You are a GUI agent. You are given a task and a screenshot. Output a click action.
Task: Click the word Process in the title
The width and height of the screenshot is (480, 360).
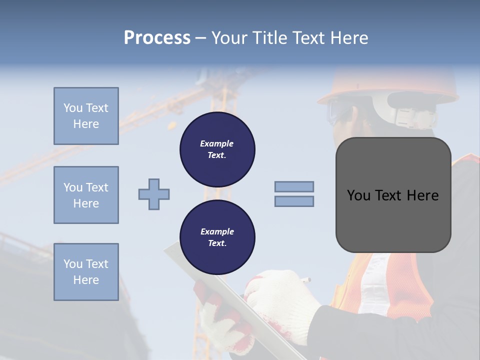coord(157,38)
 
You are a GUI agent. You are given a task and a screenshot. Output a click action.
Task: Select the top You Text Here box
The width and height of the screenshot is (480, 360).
coord(86,116)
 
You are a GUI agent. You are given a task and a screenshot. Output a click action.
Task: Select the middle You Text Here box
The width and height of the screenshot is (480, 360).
coord(86,195)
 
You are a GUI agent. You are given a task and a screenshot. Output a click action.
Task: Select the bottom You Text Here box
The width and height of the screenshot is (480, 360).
coord(86,271)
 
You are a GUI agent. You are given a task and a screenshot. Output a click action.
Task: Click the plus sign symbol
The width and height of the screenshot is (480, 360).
coord(154,194)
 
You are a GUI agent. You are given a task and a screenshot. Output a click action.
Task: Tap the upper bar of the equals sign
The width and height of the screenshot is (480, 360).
coord(294,186)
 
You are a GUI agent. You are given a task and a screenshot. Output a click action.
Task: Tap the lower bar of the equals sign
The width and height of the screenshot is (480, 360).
coord(294,201)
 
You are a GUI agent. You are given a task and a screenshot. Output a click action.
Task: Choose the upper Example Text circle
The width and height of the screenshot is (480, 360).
coord(217,149)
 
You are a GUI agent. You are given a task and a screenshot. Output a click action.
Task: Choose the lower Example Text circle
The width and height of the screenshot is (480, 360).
coord(217,237)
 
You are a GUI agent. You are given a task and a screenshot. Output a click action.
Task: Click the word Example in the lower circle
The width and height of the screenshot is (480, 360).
coord(217,231)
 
